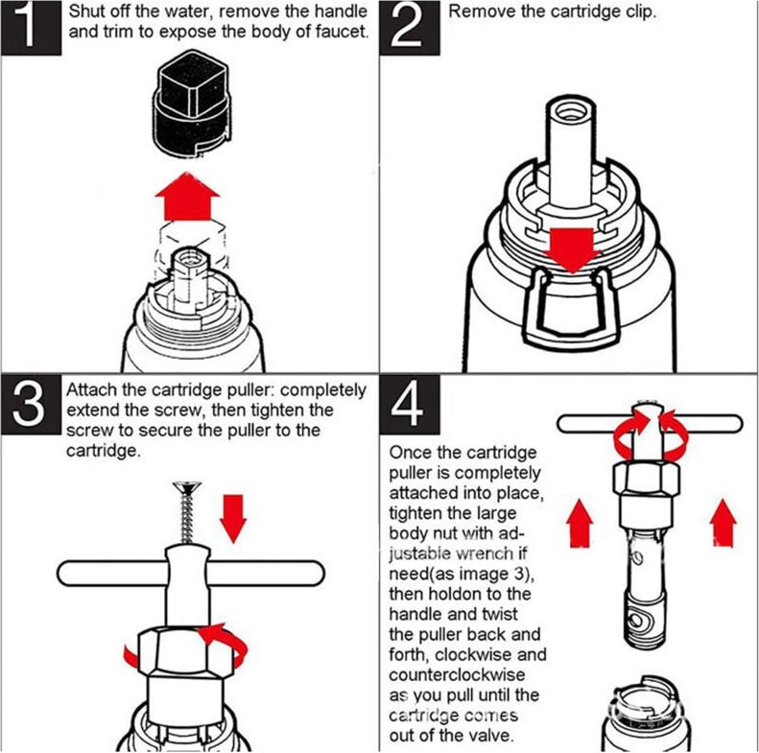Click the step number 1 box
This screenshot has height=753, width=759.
coord(31,28)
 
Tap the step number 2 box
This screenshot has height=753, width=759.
coord(410,28)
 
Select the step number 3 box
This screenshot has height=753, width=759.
coord(31,404)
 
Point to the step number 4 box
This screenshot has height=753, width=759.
coord(410,404)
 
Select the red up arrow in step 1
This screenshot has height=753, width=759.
coord(188,197)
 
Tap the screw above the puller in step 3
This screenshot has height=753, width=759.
coord(186,512)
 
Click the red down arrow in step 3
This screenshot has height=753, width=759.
coord(233,519)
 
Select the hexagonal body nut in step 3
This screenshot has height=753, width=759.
coord(185,651)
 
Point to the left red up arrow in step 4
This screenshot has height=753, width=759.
coord(580,524)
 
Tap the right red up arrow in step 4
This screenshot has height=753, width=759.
coord(723,523)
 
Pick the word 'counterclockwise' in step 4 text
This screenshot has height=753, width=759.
coord(457,674)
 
